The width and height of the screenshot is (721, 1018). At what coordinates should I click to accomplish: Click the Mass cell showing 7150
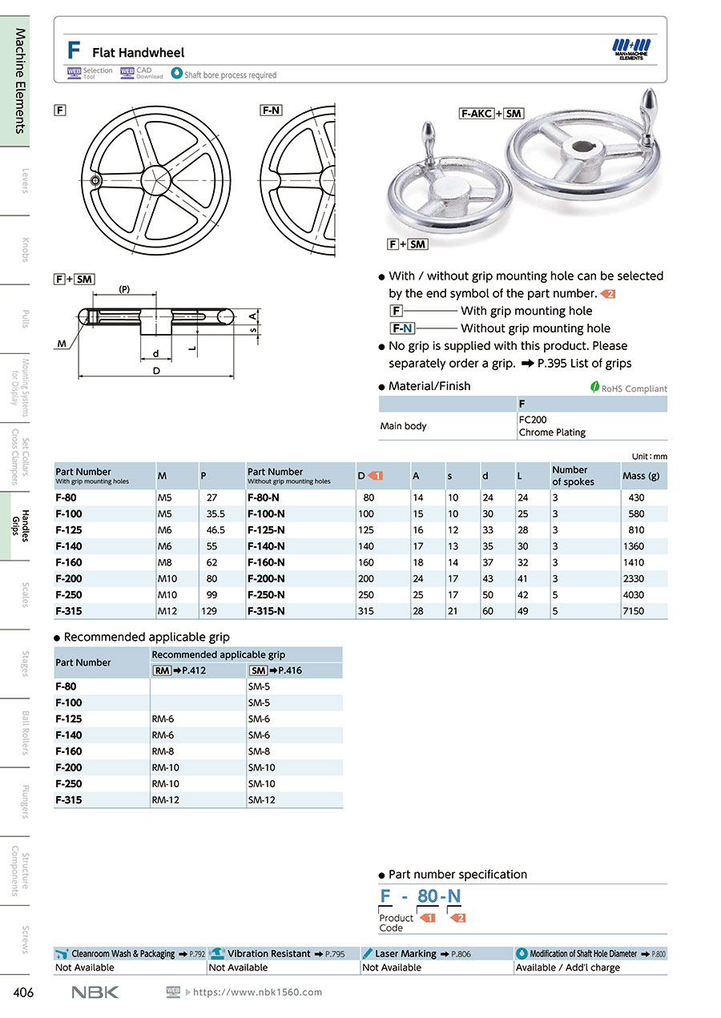(634, 611)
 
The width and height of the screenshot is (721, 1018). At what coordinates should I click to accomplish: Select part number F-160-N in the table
(267, 562)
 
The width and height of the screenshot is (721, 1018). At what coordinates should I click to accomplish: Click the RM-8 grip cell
(163, 751)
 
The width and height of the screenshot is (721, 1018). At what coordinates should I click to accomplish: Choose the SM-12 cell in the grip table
(260, 800)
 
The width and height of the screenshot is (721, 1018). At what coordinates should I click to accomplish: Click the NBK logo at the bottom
(95, 992)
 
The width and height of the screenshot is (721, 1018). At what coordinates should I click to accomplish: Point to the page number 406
(23, 993)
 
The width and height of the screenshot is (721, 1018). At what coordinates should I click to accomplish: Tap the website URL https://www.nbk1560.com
(257, 992)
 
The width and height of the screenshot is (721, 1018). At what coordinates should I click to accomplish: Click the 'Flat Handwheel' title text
(138, 53)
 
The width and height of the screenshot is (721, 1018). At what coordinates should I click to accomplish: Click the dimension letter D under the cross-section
(156, 371)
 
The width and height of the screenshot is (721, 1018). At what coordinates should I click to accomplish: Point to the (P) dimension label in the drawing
(125, 289)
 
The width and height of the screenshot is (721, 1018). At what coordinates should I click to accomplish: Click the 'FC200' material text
(533, 419)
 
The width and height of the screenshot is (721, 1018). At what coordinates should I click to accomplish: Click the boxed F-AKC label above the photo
(476, 114)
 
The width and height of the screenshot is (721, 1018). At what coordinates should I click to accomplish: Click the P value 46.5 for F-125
(215, 530)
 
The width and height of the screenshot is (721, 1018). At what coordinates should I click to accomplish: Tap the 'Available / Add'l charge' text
(567, 968)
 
